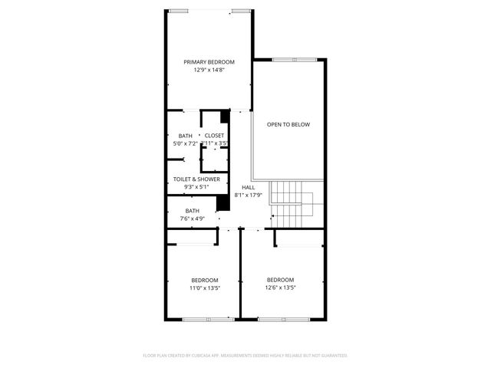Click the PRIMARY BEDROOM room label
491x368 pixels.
pyautogui.click(x=209, y=62)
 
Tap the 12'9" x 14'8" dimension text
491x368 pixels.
pyautogui.click(x=209, y=70)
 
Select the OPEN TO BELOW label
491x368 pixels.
pyautogui.click(x=288, y=124)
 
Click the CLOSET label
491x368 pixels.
pyautogui.click(x=215, y=136)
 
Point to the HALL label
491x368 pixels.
pyautogui.click(x=248, y=187)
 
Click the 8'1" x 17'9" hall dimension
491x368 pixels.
pyautogui.click(x=248, y=195)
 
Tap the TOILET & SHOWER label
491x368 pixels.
pyautogui.click(x=196, y=179)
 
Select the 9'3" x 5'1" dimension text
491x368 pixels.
pyautogui.click(x=196, y=186)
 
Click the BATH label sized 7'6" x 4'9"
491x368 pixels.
pyautogui.click(x=192, y=211)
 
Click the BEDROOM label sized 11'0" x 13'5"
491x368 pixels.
pyautogui.click(x=205, y=280)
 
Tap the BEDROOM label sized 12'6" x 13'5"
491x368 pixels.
pyautogui.click(x=280, y=280)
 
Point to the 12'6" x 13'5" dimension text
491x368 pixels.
pyautogui.click(x=280, y=287)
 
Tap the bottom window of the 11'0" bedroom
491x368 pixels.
pyautogui.click(x=208, y=318)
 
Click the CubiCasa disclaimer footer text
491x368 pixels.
pyautogui.click(x=245, y=355)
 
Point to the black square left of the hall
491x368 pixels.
pyautogui.click(x=224, y=202)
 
